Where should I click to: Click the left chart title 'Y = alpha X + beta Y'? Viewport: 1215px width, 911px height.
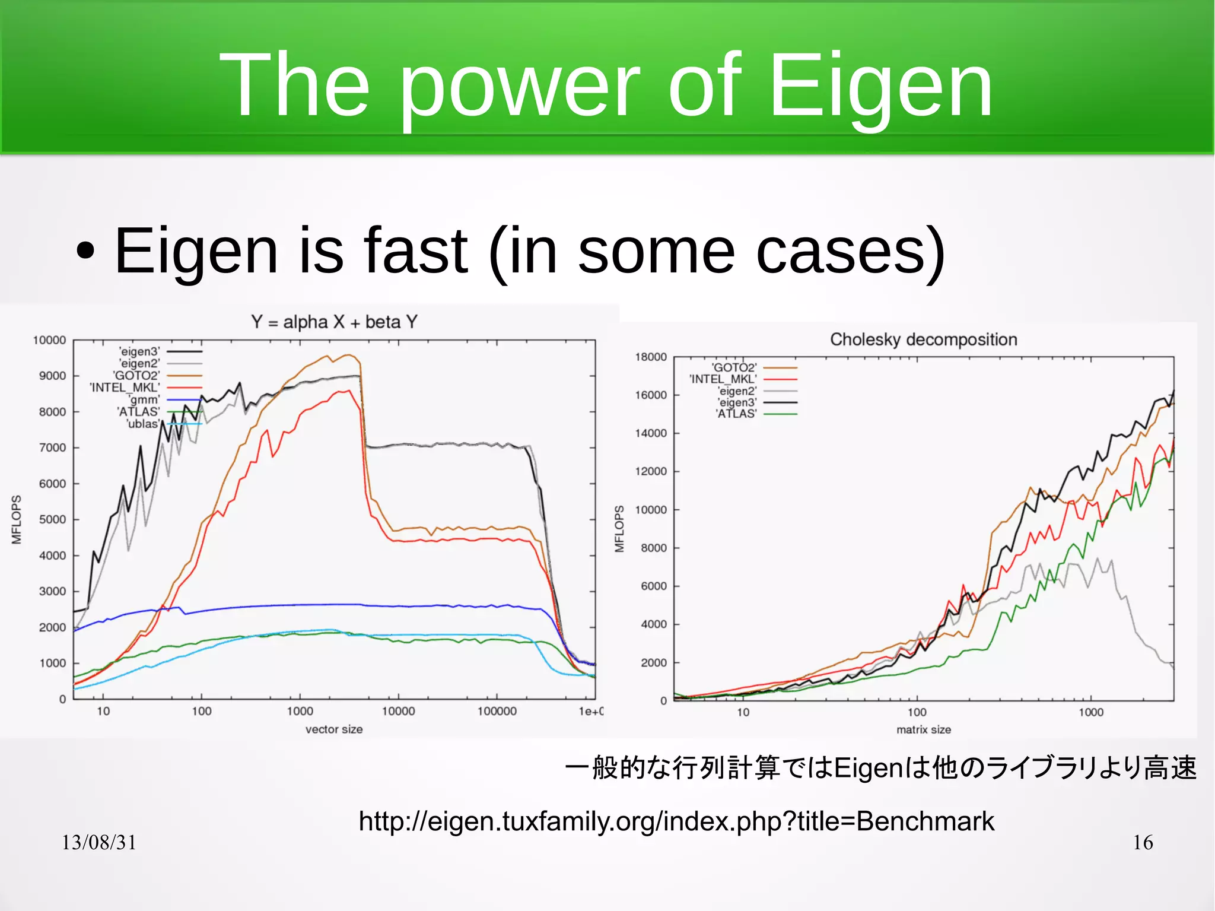(334, 322)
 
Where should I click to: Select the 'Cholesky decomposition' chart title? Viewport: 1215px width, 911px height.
(923, 339)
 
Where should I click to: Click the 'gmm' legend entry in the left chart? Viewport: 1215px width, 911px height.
(144, 400)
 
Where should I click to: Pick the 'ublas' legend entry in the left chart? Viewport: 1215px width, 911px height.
(142, 424)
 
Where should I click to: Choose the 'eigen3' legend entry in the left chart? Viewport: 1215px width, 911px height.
(139, 351)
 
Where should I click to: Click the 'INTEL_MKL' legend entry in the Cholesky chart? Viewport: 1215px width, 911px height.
(723, 379)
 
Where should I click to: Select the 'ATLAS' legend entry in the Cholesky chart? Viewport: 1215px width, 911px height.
(736, 414)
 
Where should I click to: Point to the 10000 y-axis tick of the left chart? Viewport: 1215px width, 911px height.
(49, 340)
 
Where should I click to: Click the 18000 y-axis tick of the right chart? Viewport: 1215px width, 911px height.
(651, 357)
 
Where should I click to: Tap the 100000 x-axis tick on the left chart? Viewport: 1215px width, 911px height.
(497, 711)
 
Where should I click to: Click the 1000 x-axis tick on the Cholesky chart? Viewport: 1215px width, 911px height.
(1090, 712)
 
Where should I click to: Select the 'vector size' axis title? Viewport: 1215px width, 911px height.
(334, 729)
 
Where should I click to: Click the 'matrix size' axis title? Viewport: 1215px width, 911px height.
(923, 729)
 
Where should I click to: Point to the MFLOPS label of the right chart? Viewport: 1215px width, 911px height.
(619, 529)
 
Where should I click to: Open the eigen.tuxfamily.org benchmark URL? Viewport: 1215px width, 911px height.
(676, 821)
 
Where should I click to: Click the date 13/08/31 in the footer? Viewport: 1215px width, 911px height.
(99, 842)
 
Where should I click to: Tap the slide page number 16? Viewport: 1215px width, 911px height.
(1143, 842)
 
